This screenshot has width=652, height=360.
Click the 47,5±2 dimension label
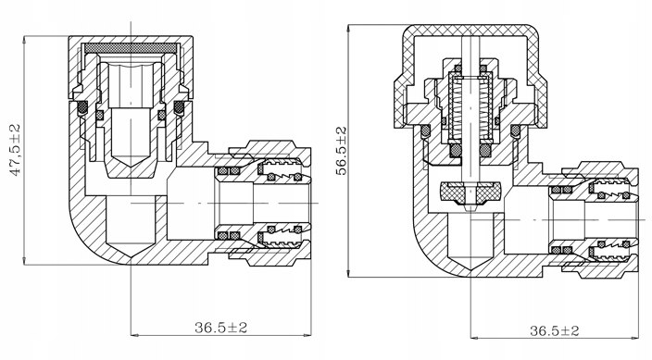(16, 150)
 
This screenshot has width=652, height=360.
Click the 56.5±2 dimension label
(341, 152)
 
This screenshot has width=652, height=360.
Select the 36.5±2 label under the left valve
(220, 328)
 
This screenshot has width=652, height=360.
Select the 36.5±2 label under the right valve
(554, 331)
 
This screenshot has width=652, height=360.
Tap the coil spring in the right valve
(470, 109)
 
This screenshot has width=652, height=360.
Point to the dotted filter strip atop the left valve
(131, 49)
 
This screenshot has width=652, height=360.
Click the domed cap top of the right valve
(470, 30)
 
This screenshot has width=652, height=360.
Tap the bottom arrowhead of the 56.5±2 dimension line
(348, 274)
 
